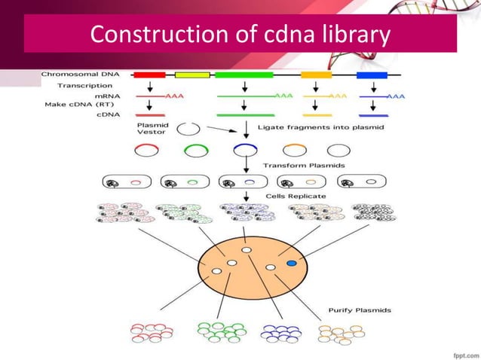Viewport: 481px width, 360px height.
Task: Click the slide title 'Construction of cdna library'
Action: tap(240, 35)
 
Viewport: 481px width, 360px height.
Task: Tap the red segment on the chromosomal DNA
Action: tap(149, 75)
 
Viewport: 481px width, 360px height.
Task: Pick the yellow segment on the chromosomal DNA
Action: tap(192, 75)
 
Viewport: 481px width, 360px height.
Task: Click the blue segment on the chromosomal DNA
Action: tap(372, 75)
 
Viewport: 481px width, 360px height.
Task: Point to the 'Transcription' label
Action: tap(85, 85)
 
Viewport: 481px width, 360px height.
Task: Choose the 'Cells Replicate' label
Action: tap(296, 197)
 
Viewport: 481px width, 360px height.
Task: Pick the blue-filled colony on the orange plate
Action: tap(292, 263)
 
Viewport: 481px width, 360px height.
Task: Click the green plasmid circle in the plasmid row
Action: tap(194, 151)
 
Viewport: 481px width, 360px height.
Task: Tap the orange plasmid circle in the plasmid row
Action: tap(293, 151)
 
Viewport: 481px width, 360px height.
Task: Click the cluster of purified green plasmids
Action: tap(219, 332)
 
